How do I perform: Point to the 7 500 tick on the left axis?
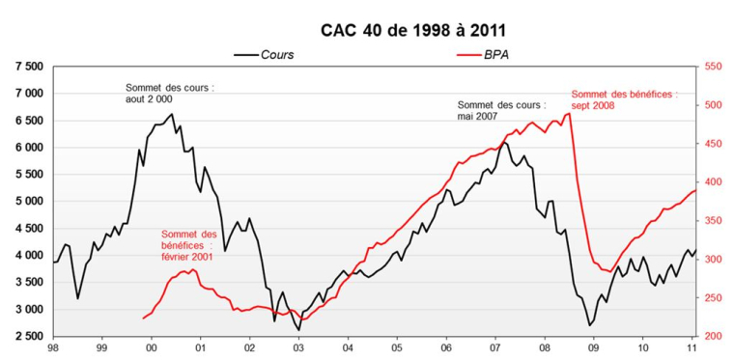pyautogui.click(x=27, y=67)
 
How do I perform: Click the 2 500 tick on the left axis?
pyautogui.click(x=27, y=336)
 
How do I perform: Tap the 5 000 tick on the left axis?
pyautogui.click(x=27, y=202)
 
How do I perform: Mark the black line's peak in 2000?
pyautogui.click(x=173, y=114)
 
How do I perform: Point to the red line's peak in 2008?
pyautogui.click(x=570, y=113)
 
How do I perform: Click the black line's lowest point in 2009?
pyautogui.click(x=590, y=325)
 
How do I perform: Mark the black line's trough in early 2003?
pyautogui.click(x=298, y=330)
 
